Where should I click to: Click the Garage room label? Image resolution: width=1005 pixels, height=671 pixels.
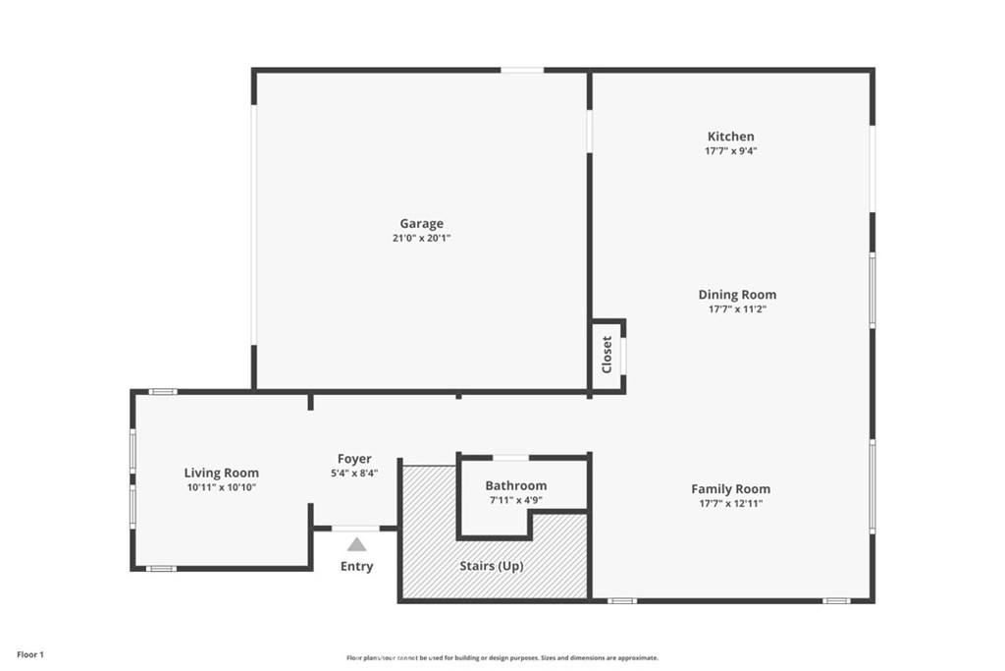(421, 223)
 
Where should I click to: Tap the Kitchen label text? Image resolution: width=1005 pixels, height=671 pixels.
(731, 137)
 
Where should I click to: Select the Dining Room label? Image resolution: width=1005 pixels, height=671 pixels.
(737, 295)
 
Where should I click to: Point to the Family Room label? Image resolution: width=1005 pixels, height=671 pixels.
(730, 488)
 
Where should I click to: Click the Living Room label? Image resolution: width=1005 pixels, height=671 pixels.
(222, 473)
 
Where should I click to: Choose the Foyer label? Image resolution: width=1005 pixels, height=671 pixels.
(354, 459)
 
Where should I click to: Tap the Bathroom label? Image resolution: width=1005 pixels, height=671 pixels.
(515, 485)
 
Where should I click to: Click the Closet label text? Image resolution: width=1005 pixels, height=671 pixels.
(607, 355)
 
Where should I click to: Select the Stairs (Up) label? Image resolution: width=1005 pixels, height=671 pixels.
(492, 566)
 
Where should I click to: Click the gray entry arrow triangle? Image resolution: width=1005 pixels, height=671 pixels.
(356, 544)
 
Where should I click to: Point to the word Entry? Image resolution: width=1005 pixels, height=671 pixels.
(356, 566)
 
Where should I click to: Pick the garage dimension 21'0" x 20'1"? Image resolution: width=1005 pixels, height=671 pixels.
(421, 238)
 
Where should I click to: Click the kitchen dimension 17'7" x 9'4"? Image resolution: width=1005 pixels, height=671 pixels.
(731, 151)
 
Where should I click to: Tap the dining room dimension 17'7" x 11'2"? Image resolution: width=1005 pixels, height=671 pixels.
(737, 309)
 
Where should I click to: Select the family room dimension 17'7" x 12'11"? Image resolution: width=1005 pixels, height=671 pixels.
(730, 503)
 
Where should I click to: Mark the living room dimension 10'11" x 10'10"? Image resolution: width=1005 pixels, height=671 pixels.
(222, 487)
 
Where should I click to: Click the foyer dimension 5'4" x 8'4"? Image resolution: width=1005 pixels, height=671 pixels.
(354, 473)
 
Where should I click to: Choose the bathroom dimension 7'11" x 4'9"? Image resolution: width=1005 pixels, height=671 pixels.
(515, 500)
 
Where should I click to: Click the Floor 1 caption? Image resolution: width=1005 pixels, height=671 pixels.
(30, 654)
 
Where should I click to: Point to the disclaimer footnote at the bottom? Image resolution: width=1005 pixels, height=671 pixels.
(502, 658)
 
